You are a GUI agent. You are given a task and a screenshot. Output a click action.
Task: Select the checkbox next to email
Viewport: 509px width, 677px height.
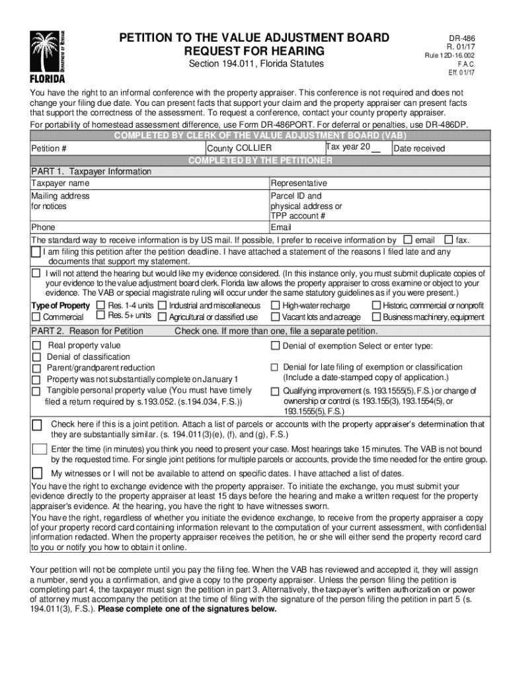tap(407, 239)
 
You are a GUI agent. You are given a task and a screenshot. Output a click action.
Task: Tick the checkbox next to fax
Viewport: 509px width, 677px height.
tap(449, 239)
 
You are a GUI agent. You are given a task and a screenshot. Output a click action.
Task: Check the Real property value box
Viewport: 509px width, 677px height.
tap(36, 346)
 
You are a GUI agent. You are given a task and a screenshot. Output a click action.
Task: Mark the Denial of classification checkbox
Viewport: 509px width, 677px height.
tap(36, 357)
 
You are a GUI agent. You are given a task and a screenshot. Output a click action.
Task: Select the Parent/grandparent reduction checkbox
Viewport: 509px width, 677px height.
tap(36, 368)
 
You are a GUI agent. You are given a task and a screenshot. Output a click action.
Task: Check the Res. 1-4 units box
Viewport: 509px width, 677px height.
tap(100, 305)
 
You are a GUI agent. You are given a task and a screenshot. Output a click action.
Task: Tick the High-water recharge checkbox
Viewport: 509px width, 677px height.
tap(274, 305)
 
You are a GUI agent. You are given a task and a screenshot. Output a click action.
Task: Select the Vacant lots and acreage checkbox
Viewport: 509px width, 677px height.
tap(274, 317)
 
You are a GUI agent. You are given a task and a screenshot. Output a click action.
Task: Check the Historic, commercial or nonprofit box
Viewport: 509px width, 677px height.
tap(376, 305)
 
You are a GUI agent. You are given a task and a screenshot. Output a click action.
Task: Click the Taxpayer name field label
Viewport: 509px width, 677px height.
tap(60, 183)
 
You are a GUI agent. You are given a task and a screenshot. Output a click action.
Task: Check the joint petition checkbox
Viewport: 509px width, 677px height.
tap(37, 424)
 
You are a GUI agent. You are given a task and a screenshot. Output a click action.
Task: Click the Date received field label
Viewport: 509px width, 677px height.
tap(419, 149)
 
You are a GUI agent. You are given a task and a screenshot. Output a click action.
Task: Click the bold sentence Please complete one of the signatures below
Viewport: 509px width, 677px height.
tap(187, 610)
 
